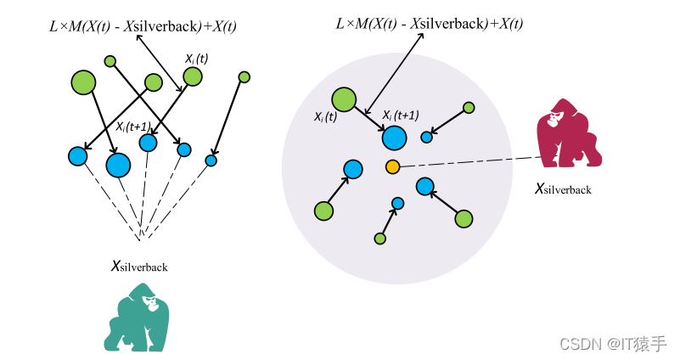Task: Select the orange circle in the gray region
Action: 392,166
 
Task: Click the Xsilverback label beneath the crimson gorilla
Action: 563,188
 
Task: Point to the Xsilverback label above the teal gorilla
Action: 139,266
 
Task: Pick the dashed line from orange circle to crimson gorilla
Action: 467,161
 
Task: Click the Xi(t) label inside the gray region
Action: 325,117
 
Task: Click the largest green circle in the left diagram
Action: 83,82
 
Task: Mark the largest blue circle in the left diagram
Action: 118,164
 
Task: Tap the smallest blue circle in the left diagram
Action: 211,160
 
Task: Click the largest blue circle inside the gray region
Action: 394,138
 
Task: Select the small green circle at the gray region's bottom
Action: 380,239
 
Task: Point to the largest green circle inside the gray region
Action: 343,99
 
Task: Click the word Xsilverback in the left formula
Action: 160,26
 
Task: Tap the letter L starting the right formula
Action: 340,23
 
